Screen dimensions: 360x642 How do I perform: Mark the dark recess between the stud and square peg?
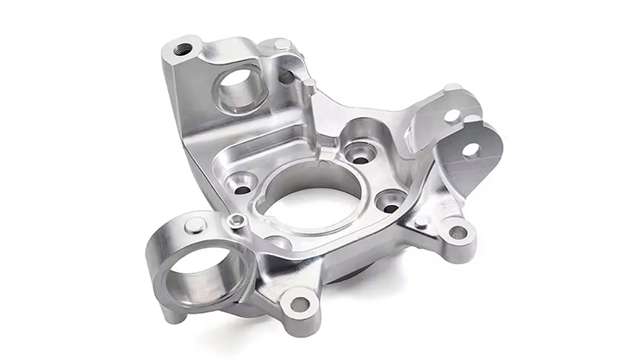pyautogui.click(x=287, y=77)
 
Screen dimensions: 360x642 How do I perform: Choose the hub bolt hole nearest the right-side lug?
pyautogui.click(x=391, y=207)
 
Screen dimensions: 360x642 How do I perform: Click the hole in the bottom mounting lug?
pyautogui.click(x=301, y=303)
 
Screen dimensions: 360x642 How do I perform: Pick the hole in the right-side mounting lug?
pyautogui.click(x=458, y=232)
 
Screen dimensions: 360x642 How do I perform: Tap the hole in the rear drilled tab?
pyautogui.click(x=452, y=115)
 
